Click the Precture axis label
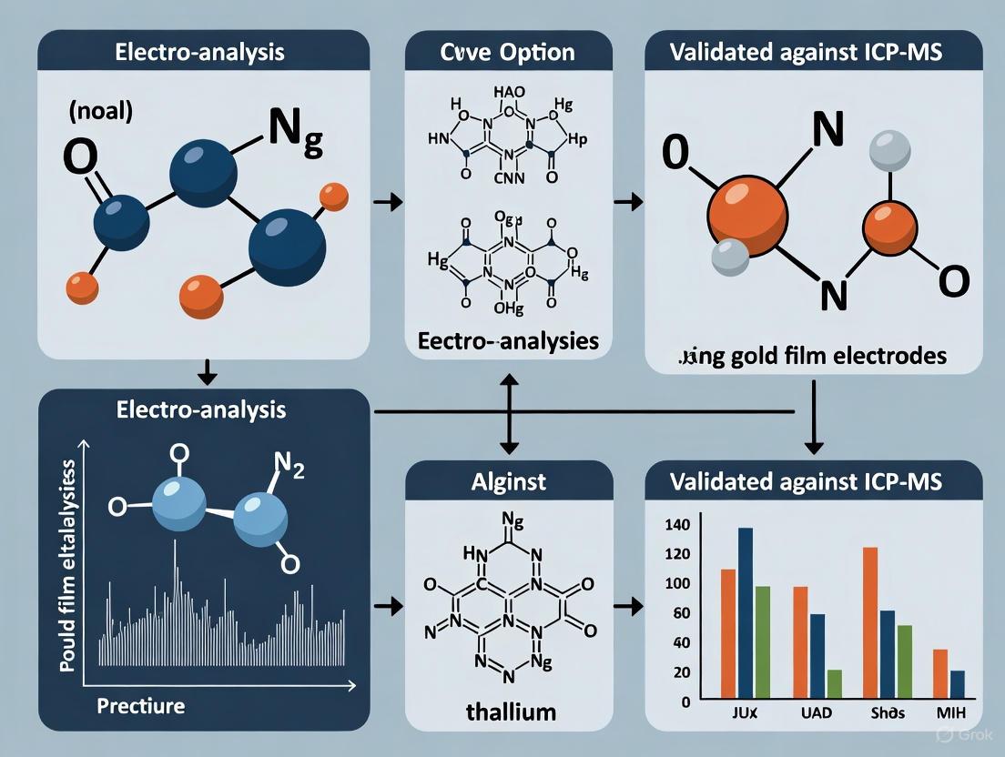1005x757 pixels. (x=141, y=705)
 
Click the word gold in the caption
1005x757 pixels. (x=758, y=356)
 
